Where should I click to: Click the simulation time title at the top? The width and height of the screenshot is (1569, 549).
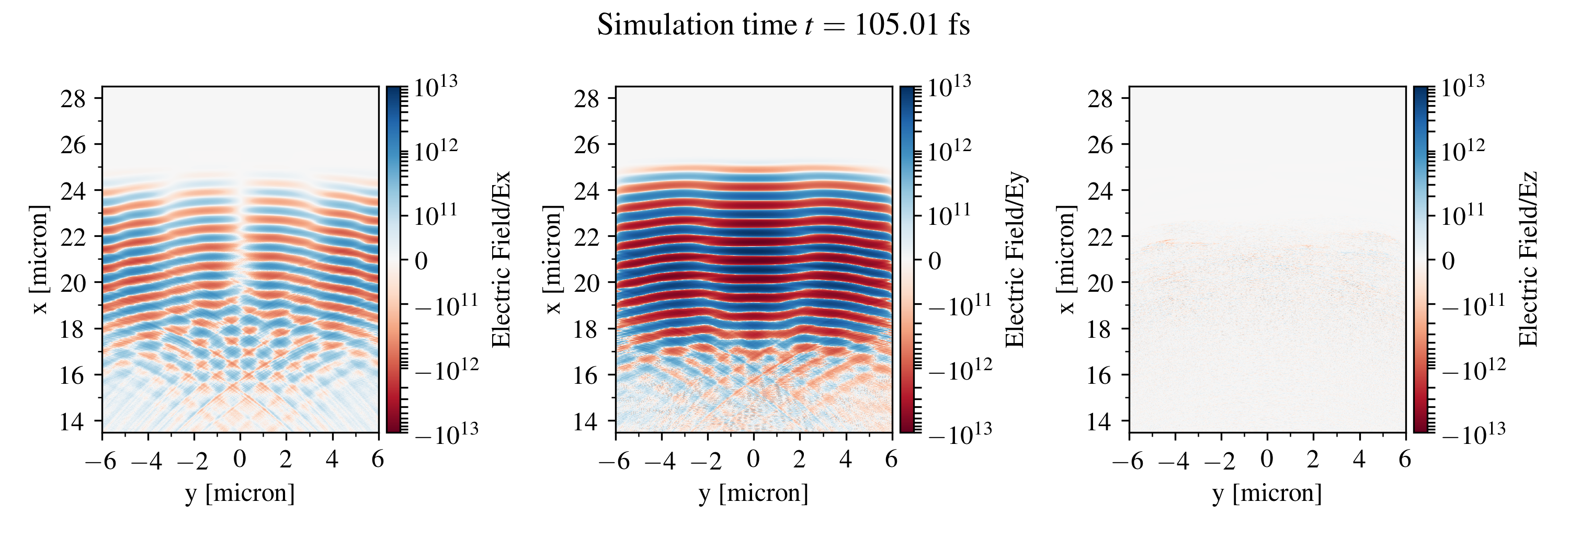(x=783, y=26)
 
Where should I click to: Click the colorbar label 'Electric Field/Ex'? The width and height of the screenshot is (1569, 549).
(x=501, y=260)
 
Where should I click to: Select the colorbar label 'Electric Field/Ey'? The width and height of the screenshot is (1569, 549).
(x=1015, y=260)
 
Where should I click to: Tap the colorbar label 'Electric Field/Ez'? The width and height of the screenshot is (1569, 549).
(x=1528, y=260)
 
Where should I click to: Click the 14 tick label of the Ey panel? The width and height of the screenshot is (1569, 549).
(x=587, y=421)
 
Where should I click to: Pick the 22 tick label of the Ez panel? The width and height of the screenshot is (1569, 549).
(x=1100, y=236)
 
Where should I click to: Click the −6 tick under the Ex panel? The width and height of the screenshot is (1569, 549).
(x=100, y=461)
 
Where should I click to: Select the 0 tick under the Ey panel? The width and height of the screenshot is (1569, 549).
(x=754, y=460)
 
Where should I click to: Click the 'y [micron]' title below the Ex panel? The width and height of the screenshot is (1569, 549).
(x=240, y=493)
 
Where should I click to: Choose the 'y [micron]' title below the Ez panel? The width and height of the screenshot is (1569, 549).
(x=1267, y=493)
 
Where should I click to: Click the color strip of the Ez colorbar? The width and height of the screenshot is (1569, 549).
(x=1422, y=260)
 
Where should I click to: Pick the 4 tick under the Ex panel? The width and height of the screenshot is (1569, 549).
(x=332, y=460)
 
